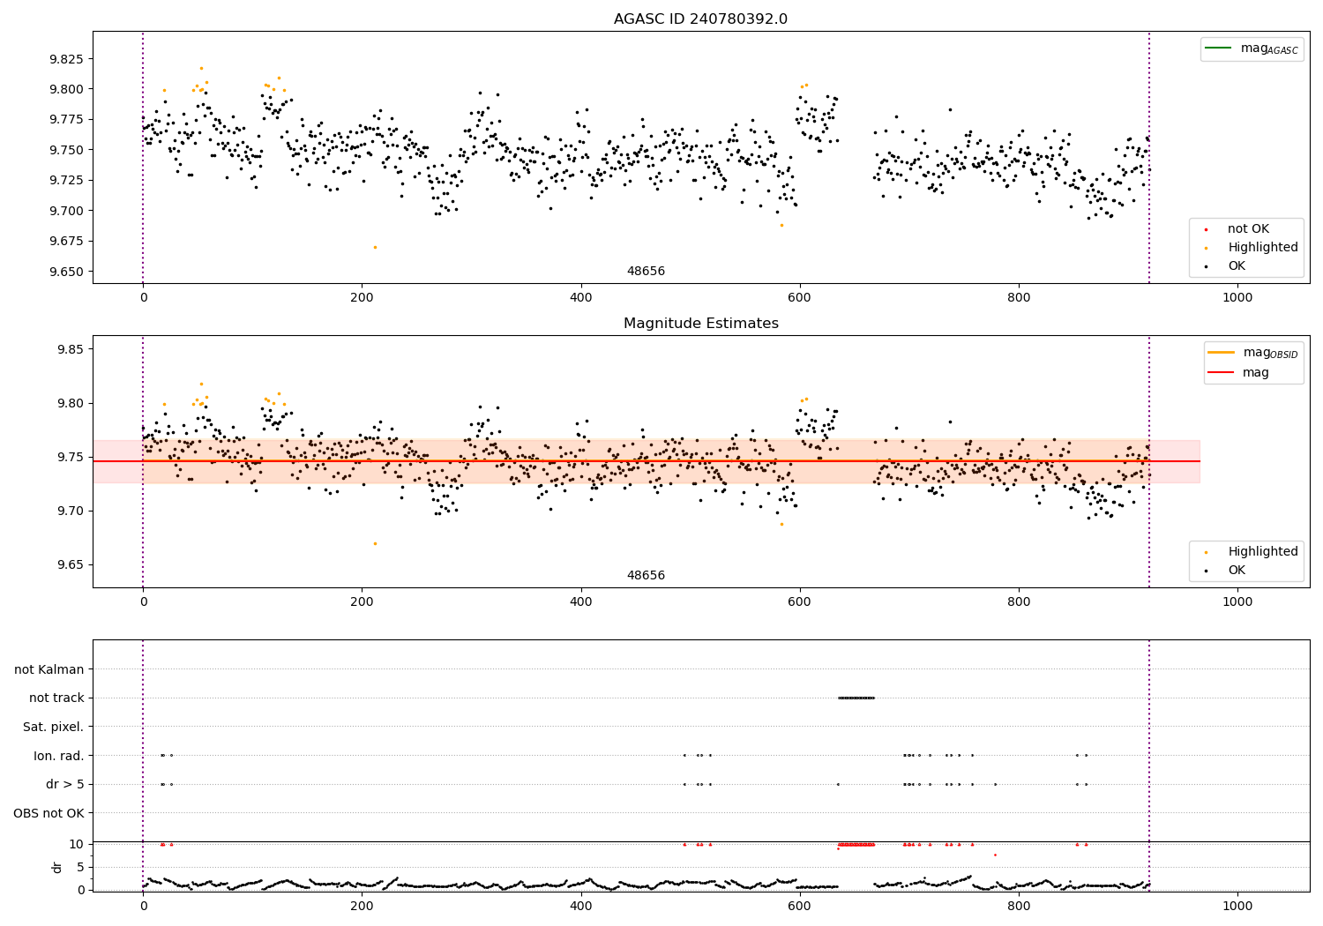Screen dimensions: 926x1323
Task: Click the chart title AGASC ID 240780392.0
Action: [x=700, y=19]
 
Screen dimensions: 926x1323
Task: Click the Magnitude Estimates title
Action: [x=700, y=324]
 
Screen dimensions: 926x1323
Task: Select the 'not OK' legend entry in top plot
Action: [x=1248, y=229]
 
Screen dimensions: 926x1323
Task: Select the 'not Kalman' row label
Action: [x=49, y=669]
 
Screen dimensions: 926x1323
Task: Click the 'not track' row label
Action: [x=56, y=698]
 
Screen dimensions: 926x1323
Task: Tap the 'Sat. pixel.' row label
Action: [x=53, y=727]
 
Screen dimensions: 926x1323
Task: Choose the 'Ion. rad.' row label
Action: [x=59, y=756]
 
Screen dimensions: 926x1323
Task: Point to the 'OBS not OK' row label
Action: [x=49, y=813]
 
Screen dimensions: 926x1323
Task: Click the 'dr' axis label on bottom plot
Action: [x=57, y=867]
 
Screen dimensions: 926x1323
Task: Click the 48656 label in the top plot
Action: [x=646, y=272]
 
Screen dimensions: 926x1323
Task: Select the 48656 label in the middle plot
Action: [x=646, y=576]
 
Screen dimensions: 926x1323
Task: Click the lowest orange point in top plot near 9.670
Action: [x=375, y=247]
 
